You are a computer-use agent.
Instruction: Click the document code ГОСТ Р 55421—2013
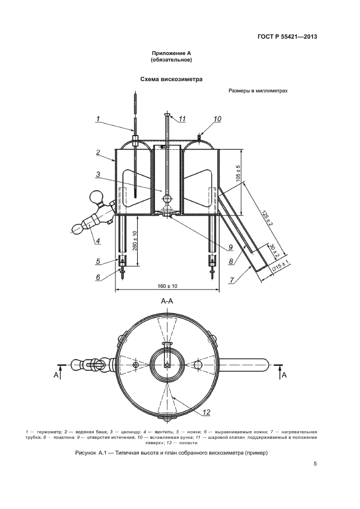pos(287,36)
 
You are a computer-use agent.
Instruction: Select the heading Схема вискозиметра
pos(172,79)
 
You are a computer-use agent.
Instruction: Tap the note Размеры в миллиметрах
pos(258,91)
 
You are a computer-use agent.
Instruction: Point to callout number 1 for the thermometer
pos(97,119)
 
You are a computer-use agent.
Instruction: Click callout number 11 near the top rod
pos(182,119)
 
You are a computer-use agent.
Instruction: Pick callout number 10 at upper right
pos(217,119)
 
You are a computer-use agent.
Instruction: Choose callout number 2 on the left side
pos(98,152)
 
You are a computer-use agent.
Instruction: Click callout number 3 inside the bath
pos(97,175)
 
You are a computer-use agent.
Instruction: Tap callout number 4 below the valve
pos(97,241)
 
